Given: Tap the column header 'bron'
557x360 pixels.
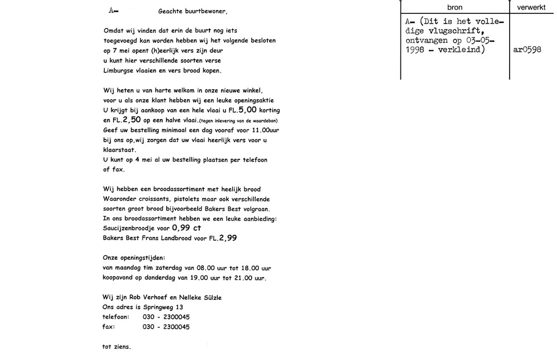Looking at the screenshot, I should [455, 7].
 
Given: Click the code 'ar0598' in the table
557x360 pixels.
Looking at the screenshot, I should [526, 49].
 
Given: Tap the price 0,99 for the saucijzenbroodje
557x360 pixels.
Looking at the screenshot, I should [181, 228].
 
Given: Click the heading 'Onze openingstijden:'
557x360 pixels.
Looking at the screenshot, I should [134, 258].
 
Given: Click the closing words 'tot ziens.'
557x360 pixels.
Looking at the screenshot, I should [116, 347].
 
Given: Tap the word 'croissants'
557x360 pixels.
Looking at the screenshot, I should [151, 199].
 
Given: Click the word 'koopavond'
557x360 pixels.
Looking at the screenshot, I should [119, 278].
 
